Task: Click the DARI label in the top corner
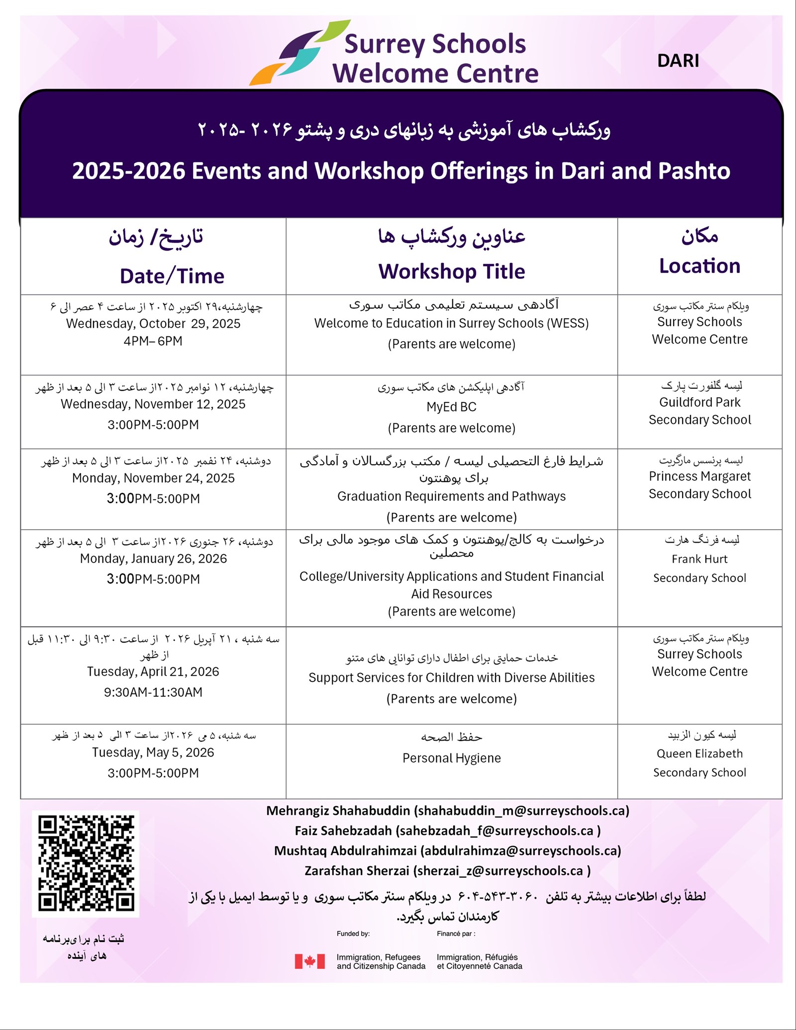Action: (678, 61)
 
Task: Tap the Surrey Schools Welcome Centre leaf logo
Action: (299, 54)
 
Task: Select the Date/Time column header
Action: (172, 276)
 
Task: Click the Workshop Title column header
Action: (451, 272)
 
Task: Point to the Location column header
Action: (699, 266)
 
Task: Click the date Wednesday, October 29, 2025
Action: (153, 324)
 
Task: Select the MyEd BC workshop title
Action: (451, 407)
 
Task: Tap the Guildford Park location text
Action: (699, 402)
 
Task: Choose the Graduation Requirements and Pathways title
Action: (451, 496)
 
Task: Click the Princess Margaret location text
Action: (699, 476)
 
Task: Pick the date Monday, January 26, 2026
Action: (153, 559)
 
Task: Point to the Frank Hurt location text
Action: (699, 559)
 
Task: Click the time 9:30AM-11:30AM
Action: (153, 692)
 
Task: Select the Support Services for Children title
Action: (451, 678)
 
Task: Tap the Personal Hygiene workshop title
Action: (451, 758)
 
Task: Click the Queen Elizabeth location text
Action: (699, 753)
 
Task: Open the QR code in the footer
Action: (86, 863)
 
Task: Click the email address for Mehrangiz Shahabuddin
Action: (522, 811)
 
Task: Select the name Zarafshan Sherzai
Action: (357, 871)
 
